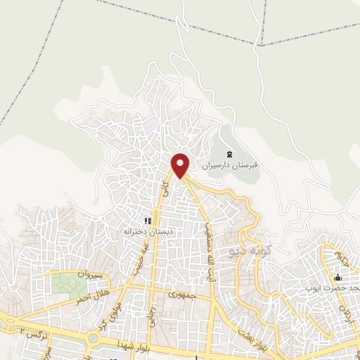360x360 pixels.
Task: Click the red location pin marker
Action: [181, 164]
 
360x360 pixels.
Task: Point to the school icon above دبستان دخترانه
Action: [148, 219]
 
